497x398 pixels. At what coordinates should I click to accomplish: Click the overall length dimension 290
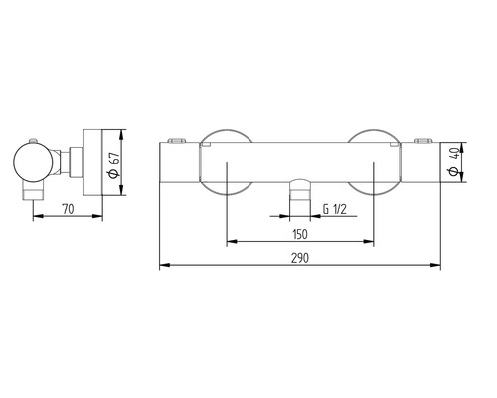[300, 257]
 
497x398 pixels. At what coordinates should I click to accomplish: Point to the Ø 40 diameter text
[453, 160]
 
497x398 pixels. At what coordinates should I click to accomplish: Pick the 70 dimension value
[68, 210]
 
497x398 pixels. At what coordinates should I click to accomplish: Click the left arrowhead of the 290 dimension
[164, 265]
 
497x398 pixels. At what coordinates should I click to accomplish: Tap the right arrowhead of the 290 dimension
[437, 265]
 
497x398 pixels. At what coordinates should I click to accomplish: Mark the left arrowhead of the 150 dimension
[232, 241]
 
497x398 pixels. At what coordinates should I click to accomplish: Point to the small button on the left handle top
[178, 139]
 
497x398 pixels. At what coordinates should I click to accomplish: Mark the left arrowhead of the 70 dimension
[36, 219]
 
